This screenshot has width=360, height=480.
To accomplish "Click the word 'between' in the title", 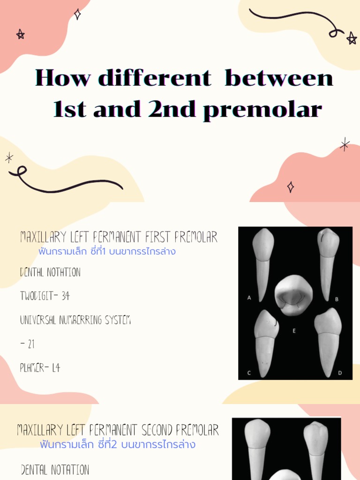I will point(279,78).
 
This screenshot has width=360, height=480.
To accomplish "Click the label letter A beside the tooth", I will point(249,297).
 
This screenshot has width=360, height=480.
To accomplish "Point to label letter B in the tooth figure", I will point(337,299).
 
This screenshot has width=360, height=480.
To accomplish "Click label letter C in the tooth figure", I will point(249,373).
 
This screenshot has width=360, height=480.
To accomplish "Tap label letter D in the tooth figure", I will point(340,373).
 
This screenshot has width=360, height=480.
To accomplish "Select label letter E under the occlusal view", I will point(294,331).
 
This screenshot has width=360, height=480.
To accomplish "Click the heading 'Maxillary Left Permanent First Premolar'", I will point(119,238).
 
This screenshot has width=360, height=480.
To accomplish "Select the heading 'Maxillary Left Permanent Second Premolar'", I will point(118,430).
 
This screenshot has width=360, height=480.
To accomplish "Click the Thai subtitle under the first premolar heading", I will point(107,252).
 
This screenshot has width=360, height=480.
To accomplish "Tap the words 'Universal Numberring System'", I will point(75,321).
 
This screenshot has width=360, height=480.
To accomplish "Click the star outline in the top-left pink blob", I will point(20,34).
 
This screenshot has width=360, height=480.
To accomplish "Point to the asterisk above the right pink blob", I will point(345,144).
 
